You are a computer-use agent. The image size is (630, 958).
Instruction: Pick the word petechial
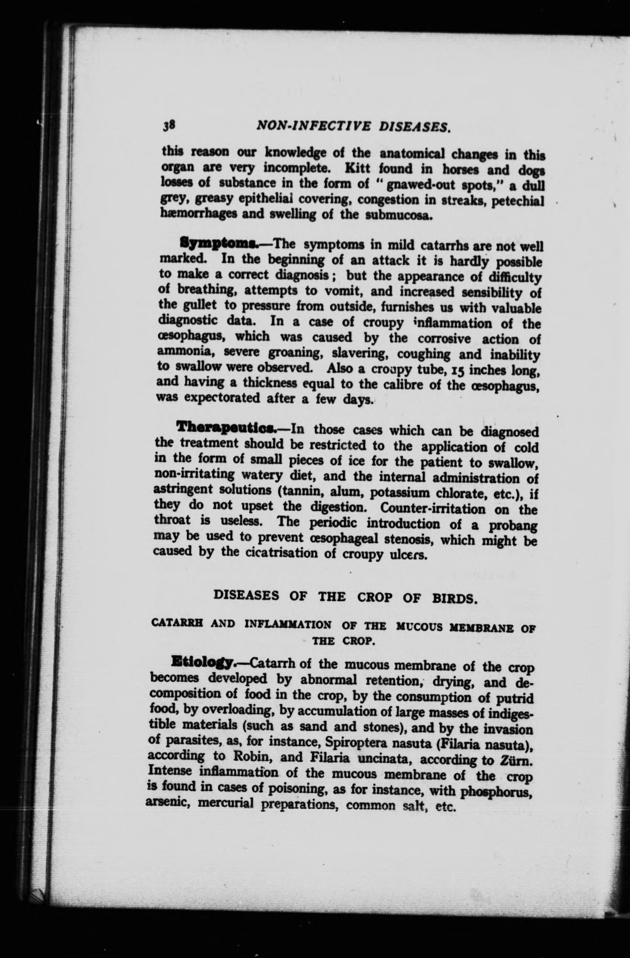(x=520, y=200)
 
